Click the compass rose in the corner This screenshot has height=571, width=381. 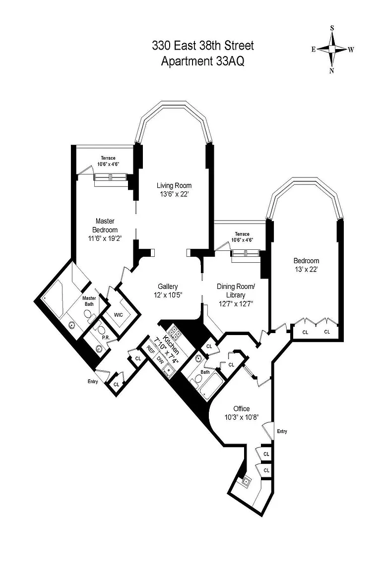click(332, 49)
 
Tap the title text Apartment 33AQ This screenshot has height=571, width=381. click(203, 61)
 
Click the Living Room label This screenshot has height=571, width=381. click(174, 185)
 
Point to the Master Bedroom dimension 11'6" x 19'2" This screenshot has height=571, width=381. click(105, 238)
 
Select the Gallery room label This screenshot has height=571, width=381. click(168, 286)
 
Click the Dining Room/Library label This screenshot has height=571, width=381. click(236, 290)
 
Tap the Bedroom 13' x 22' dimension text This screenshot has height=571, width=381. click(306, 270)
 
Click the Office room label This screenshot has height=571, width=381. click(242, 408)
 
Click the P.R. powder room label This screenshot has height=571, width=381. click(106, 338)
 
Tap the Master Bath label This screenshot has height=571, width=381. click(89, 301)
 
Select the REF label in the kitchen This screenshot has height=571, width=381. click(150, 349)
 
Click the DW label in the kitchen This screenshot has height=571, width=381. click(160, 359)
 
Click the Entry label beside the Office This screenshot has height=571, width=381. click(282, 431)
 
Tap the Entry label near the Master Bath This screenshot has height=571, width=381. click(93, 381)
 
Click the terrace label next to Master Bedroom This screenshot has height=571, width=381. click(108, 161)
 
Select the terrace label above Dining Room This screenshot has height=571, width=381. click(242, 237)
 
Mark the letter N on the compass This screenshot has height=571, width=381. click(331, 71)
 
